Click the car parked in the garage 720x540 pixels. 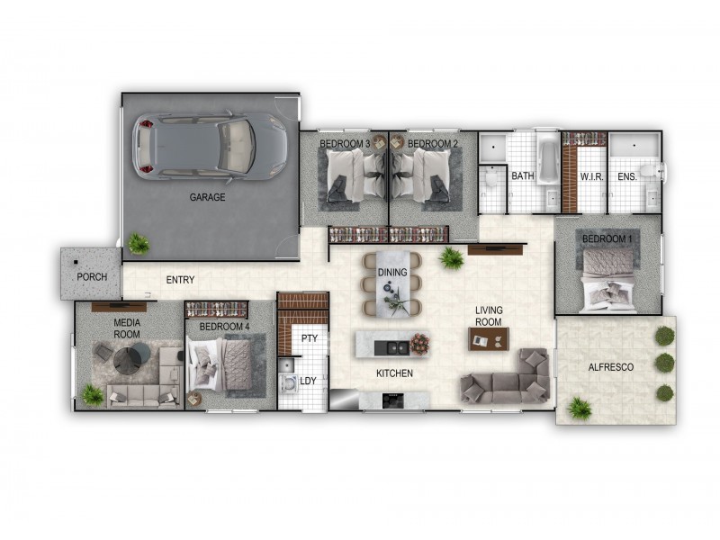(209, 146)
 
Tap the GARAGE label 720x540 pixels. (207, 197)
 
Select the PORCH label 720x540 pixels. (92, 276)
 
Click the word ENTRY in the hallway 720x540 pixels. (180, 280)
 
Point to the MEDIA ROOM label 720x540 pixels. (127, 328)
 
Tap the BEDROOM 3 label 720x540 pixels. (346, 144)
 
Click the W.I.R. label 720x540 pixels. (590, 176)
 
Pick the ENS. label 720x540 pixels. (627, 176)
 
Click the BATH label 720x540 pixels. (523, 176)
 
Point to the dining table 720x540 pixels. (392, 286)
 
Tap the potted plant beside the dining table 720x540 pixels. (451, 258)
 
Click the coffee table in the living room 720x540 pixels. (488, 338)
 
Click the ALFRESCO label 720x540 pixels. (610, 367)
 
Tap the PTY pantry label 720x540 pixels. (310, 338)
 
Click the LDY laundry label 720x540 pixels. (308, 381)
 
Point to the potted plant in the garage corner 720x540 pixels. (138, 243)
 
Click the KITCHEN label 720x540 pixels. (395, 373)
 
